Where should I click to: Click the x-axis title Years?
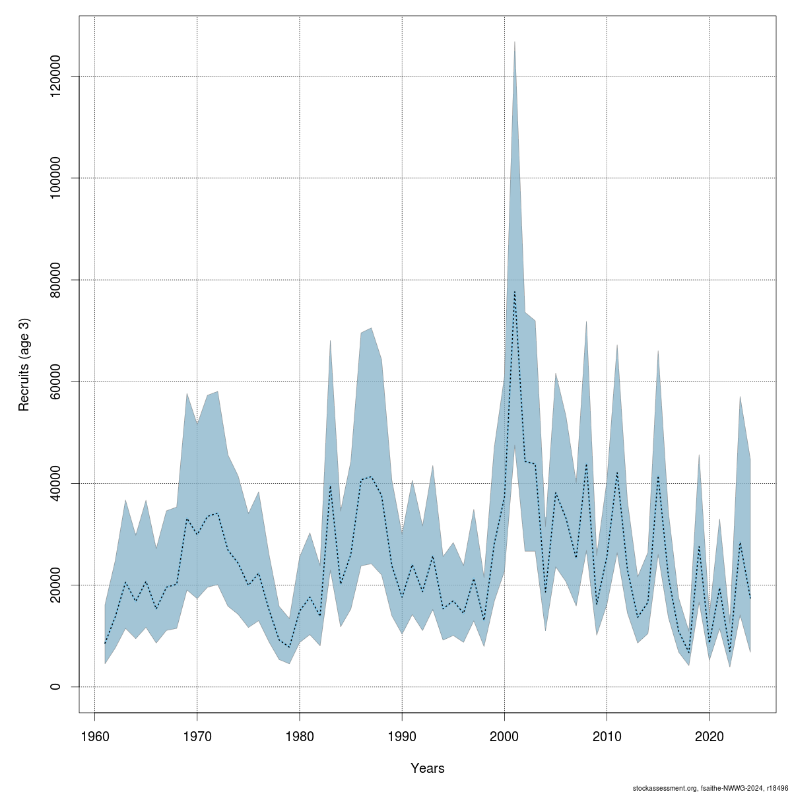[427, 768]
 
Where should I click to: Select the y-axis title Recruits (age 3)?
[24, 365]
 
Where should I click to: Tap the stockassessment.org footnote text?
[710, 787]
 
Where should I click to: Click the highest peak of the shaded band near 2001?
[515, 42]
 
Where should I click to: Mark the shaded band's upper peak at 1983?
[330, 341]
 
